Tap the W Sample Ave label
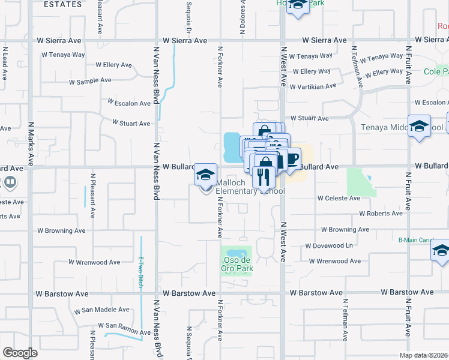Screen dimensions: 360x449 [x=90, y=80]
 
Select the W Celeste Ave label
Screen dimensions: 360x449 [x=339, y=198]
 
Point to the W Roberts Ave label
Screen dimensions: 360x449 [x=381, y=214]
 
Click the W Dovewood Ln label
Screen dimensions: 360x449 [x=329, y=246]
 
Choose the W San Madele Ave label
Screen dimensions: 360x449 [x=101, y=310]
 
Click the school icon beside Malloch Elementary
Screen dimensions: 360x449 [x=205, y=175]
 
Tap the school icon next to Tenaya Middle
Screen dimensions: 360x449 [x=419, y=126]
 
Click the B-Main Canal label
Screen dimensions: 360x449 [x=416, y=240]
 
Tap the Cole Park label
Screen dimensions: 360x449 [x=436, y=71]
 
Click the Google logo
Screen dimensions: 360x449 [x=20, y=353]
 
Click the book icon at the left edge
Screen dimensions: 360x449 [x=9, y=181]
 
